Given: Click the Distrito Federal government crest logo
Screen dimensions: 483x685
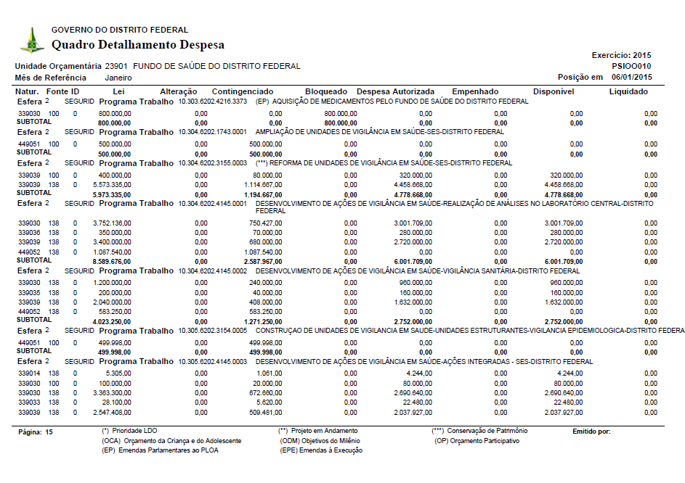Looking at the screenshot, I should [x=32, y=39].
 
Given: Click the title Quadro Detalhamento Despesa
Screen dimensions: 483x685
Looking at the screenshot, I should [x=138, y=45].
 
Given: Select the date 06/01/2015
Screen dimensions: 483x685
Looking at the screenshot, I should [x=631, y=77].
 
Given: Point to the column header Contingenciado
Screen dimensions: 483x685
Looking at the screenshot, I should [x=243, y=92].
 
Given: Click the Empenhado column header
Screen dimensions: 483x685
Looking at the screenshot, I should [x=475, y=92].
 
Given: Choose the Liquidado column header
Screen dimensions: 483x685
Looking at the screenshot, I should [x=628, y=92].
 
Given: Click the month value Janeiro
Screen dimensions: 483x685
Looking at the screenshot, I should [x=119, y=77].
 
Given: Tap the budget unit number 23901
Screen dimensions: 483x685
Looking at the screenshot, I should [x=117, y=66].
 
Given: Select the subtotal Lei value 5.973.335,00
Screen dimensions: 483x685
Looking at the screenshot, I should [x=113, y=195].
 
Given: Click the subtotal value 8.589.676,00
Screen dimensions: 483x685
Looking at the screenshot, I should [x=112, y=261].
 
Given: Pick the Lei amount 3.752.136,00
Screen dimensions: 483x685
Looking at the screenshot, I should [x=113, y=223].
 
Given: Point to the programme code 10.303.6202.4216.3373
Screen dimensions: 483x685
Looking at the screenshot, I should [x=215, y=102].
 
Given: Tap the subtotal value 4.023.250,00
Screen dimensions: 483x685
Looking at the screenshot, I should [x=112, y=321].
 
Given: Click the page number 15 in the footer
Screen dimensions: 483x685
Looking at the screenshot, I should [x=49, y=432].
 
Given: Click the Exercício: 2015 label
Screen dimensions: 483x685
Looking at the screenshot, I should [x=622, y=55].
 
